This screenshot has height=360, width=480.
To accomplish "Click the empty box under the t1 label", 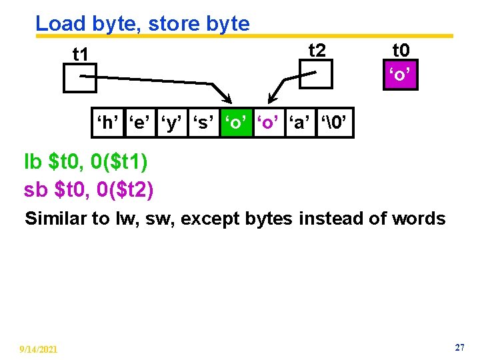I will tap(80, 78).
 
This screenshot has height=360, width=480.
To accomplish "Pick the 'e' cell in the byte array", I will tap(139, 123).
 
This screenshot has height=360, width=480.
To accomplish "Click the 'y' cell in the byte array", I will tap(171, 123).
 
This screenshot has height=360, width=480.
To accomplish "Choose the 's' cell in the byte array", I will tap(204, 123).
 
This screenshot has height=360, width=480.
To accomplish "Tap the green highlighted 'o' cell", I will tap(237, 123).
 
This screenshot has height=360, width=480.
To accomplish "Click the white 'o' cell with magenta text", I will tap(269, 123).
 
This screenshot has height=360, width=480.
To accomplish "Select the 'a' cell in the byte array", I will tap(301, 123).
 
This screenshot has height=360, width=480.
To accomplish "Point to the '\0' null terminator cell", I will tap(335, 123).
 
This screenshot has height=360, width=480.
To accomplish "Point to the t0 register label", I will tap(401, 50).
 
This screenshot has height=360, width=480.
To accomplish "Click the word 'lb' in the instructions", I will tap(33, 162).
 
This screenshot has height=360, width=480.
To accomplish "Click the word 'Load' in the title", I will tap(60, 24).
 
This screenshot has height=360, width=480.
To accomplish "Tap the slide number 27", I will tap(459, 348).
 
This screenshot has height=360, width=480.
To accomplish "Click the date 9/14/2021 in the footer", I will tap(38, 349).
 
